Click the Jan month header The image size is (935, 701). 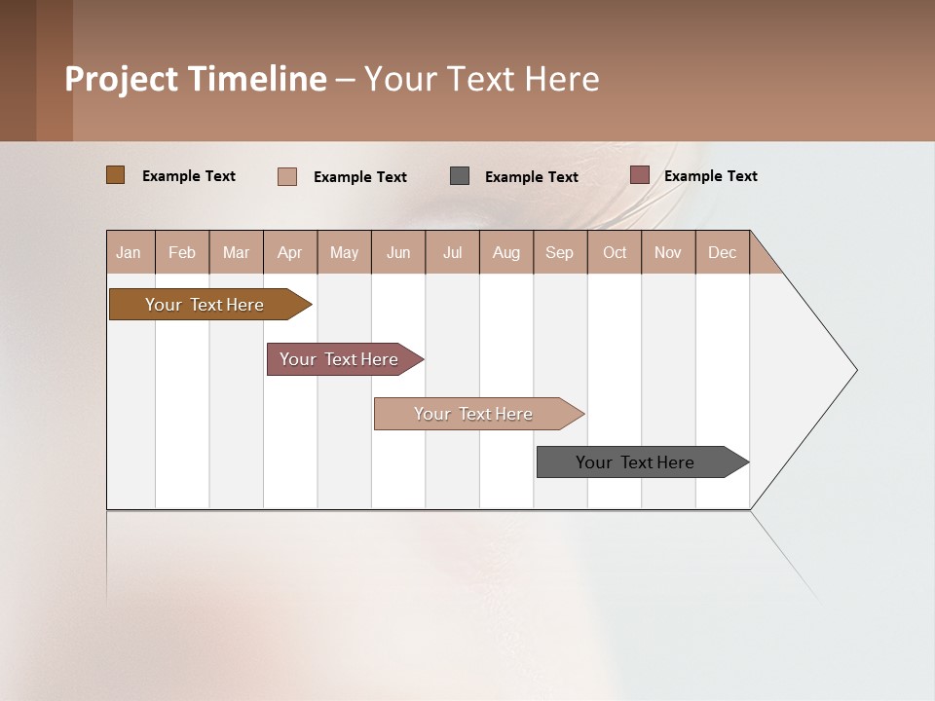tap(130, 252)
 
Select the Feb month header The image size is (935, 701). tap(182, 252)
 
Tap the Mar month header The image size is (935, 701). tap(236, 252)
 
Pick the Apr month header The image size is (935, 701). tap(290, 252)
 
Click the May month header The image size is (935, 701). tap(344, 252)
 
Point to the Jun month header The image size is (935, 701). tap(398, 252)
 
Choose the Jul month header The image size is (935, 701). tap(452, 252)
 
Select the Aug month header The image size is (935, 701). tap(506, 252)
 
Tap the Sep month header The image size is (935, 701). tap(560, 252)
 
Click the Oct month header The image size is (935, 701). tap(615, 252)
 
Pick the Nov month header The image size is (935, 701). tap(668, 252)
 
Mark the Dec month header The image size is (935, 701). tap(723, 252)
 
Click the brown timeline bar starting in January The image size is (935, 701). tap(206, 305)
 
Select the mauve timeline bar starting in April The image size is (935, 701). tap(340, 359)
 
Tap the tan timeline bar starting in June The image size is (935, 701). tap(474, 414)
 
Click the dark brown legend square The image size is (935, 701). tap(116, 175)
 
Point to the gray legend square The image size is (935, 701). tap(460, 176)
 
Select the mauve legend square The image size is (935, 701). tap(639, 175)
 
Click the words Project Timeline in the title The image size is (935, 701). tap(196, 79)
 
